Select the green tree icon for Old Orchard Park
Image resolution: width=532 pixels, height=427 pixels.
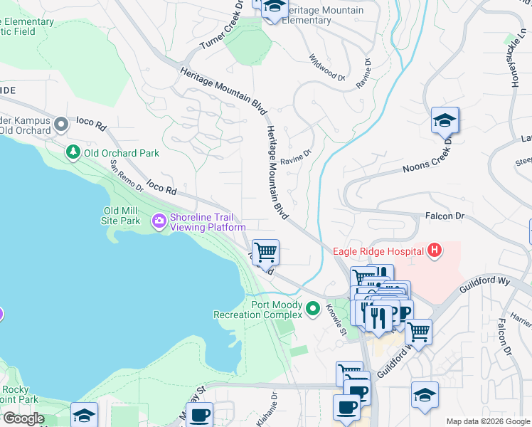pos(73,152)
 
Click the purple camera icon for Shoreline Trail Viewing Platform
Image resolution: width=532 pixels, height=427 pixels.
pos(159,222)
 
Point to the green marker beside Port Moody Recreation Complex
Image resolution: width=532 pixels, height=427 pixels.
pos(313,309)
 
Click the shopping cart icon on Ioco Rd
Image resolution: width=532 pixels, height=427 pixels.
pos(265,251)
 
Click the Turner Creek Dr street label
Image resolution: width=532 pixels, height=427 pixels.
pos(221,28)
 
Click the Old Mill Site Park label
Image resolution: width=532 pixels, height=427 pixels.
pos(122,216)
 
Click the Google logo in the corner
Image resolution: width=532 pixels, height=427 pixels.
pos(23,418)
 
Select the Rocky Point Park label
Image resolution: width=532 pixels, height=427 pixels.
pos(15,394)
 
